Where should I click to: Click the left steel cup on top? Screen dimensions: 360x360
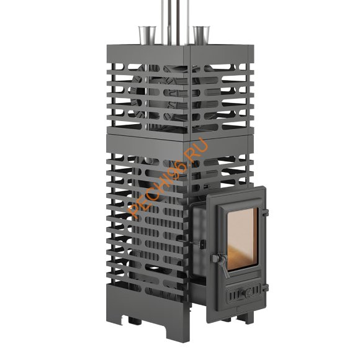(x=147, y=35)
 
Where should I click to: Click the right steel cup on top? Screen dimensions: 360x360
(x=201, y=35)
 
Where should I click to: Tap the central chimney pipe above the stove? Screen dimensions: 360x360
(x=175, y=22)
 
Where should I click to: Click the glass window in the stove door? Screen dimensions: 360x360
(x=243, y=239)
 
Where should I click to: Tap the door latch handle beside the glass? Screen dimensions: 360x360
(x=221, y=264)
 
